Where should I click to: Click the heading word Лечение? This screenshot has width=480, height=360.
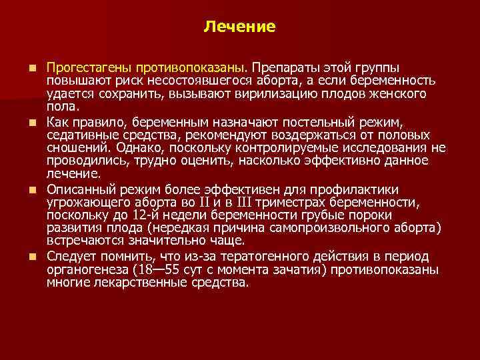pyautogui.click(x=239, y=27)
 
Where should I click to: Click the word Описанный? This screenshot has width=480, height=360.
pyautogui.click(x=78, y=189)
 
